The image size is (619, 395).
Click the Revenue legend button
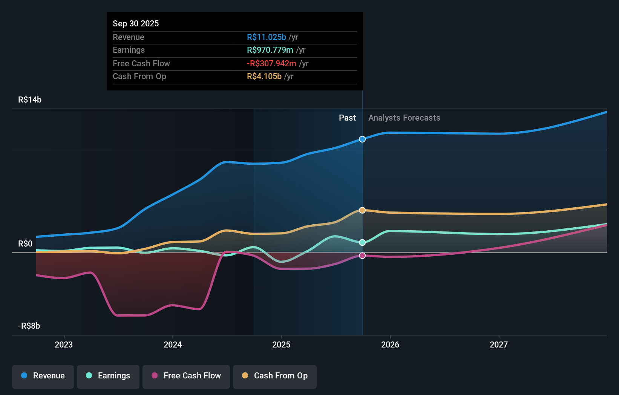click(x=43, y=376)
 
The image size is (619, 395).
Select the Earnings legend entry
click(x=108, y=376)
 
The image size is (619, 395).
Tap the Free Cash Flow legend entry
click(x=186, y=376)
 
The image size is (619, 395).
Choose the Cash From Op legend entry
click(x=275, y=376)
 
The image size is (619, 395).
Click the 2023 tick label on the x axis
click(x=64, y=344)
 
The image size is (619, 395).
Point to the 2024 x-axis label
click(x=173, y=344)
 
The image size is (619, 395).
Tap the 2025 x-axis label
click(x=281, y=344)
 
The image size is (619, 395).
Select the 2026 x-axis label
click(x=390, y=344)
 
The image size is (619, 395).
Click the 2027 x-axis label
click(x=499, y=344)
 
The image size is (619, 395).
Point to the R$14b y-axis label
click(x=30, y=100)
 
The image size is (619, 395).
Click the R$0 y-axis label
click(x=25, y=244)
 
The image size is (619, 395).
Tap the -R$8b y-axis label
click(x=29, y=326)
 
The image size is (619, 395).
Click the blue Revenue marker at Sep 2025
click(x=362, y=139)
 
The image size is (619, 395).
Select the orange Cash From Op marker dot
click(x=362, y=210)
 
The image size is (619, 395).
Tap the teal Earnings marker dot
click(x=362, y=242)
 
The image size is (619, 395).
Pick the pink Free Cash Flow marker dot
click(x=362, y=256)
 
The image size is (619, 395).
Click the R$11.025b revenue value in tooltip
click(x=266, y=37)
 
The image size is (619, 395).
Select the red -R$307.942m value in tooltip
click(x=271, y=63)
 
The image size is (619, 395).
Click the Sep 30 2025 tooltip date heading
click(x=136, y=23)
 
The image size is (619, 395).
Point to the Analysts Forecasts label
click(x=404, y=118)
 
